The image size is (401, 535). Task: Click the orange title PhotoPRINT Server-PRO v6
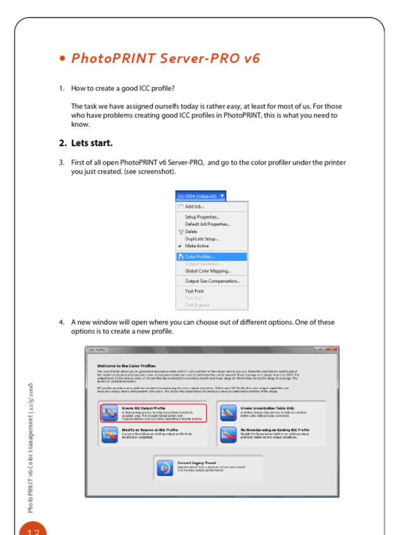(165, 58)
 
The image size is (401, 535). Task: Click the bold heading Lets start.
(92, 143)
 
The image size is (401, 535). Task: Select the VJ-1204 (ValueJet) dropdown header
(201, 196)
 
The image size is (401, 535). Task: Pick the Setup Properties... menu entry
(202, 217)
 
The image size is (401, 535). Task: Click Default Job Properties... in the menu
(207, 224)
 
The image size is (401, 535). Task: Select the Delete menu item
(191, 231)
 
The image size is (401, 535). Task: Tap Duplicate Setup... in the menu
(202, 239)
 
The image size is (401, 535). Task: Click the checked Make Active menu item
(197, 246)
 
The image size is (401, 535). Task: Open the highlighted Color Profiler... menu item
(199, 257)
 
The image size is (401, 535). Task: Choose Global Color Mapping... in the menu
(207, 271)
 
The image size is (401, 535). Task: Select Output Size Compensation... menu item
(212, 281)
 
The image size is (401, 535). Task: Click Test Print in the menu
(194, 291)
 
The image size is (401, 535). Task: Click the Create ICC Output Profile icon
(110, 413)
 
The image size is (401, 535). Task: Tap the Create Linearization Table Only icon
(228, 413)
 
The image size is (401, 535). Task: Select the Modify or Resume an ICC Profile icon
(110, 435)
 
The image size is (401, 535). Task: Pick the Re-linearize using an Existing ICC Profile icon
(228, 435)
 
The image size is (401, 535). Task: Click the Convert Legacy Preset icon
(165, 468)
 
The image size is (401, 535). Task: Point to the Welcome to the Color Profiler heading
(127, 366)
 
